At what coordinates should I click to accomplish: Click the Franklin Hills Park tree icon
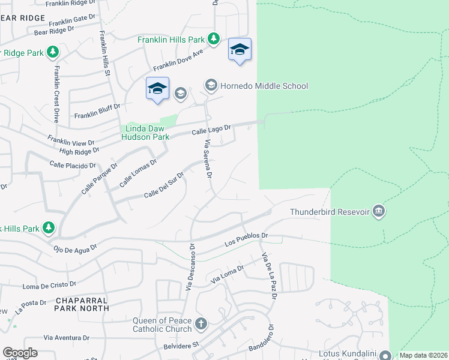(x=213, y=39)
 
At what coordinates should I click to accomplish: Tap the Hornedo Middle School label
(x=264, y=86)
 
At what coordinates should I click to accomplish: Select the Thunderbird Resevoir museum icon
(x=379, y=211)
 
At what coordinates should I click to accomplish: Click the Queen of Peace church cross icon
(x=200, y=324)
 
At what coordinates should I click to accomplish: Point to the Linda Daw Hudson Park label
(x=145, y=133)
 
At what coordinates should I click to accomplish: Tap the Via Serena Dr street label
(x=209, y=159)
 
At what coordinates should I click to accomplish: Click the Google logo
(x=20, y=353)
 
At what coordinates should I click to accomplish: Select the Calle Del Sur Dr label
(x=163, y=186)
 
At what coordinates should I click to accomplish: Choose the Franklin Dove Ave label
(x=179, y=59)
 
